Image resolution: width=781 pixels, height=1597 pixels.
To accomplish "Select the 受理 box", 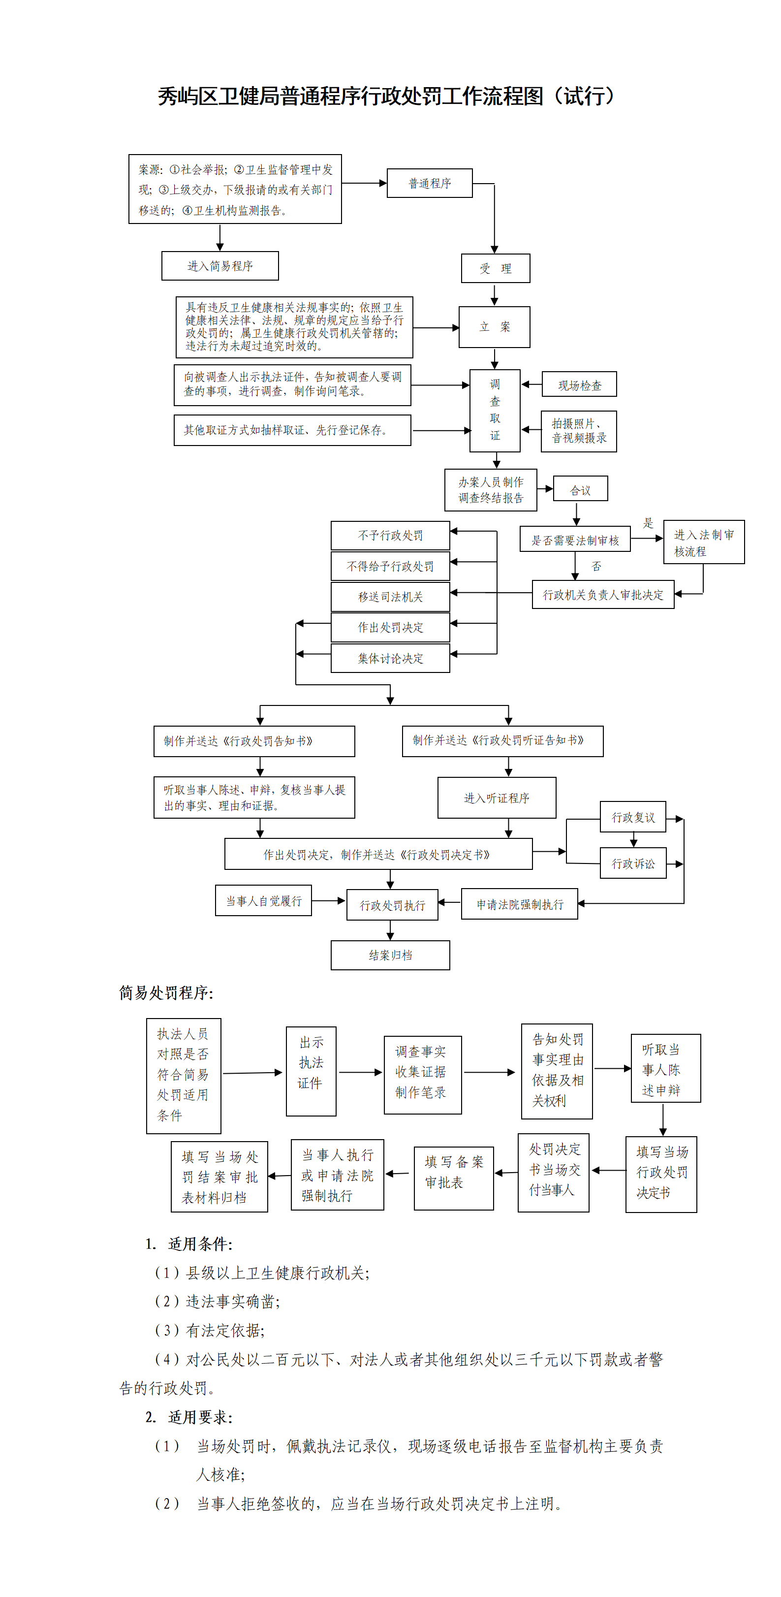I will click(495, 268).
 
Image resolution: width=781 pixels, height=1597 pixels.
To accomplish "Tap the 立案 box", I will click(494, 327).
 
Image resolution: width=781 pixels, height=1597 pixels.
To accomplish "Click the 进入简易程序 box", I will click(220, 266).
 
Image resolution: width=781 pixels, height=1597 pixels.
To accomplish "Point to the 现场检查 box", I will click(579, 385).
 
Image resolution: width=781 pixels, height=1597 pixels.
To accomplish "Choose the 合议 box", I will click(580, 490).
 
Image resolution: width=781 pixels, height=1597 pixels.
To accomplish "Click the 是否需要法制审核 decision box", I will click(575, 540).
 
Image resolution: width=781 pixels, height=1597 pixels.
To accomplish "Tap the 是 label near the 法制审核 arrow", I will click(648, 523).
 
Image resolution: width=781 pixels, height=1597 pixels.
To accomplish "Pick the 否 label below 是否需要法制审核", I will click(596, 567).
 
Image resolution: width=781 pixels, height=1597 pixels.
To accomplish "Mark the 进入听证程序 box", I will click(497, 798).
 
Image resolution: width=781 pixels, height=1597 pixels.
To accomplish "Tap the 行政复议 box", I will click(633, 817).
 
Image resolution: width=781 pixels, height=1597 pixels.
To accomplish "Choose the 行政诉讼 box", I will click(633, 863).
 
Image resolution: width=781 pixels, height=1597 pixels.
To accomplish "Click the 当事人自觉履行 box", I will click(263, 901).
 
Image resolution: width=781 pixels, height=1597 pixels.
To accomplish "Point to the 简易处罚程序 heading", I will click(166, 993).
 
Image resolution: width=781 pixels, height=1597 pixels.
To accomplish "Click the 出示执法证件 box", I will click(311, 1062).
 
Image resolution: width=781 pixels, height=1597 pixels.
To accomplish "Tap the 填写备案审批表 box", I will click(454, 1172).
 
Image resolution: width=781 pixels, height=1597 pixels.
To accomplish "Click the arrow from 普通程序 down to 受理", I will click(495, 217).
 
